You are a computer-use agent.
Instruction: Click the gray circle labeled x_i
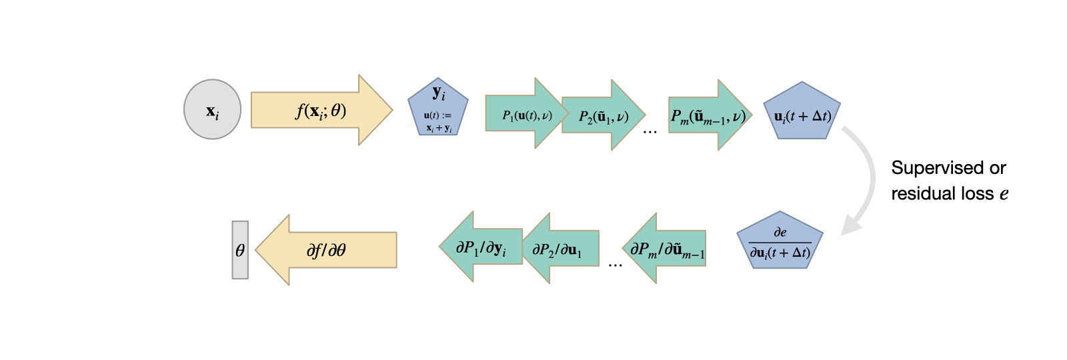(x=212, y=110)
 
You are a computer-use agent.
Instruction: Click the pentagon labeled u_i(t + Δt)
(x=802, y=113)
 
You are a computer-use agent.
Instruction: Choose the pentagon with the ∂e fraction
(x=780, y=243)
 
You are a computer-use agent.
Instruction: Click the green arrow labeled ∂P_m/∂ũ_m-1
(x=667, y=249)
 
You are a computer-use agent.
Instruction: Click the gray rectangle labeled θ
(x=240, y=250)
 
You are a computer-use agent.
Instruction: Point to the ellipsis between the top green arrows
(x=650, y=132)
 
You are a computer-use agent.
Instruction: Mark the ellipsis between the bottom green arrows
(x=615, y=265)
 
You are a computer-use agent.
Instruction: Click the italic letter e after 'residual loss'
(x=1004, y=195)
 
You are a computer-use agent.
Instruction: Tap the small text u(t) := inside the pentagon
(x=437, y=116)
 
